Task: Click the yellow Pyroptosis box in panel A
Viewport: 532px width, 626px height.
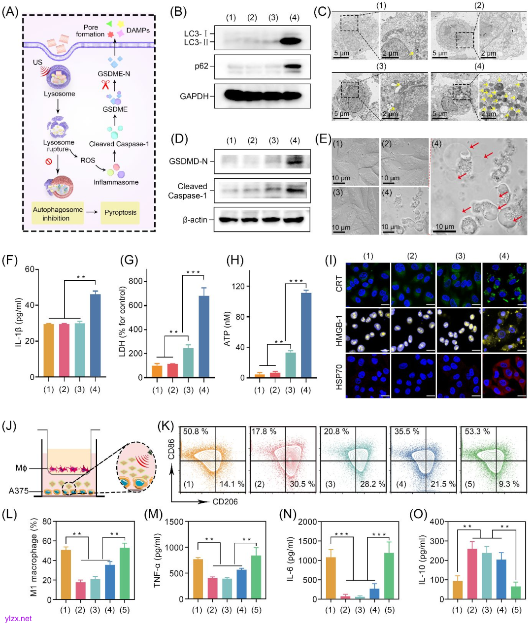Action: point(120,213)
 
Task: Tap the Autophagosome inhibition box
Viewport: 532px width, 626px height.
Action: point(58,213)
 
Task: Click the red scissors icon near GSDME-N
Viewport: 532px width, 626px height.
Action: point(105,85)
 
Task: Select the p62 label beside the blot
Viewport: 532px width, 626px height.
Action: point(201,66)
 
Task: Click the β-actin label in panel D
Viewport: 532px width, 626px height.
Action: point(195,220)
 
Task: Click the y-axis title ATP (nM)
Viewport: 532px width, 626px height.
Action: point(228,328)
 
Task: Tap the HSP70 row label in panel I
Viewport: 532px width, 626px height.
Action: point(339,377)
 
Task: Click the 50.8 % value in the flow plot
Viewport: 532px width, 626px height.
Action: point(196,431)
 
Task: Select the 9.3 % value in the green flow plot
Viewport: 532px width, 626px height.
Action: point(509,484)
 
